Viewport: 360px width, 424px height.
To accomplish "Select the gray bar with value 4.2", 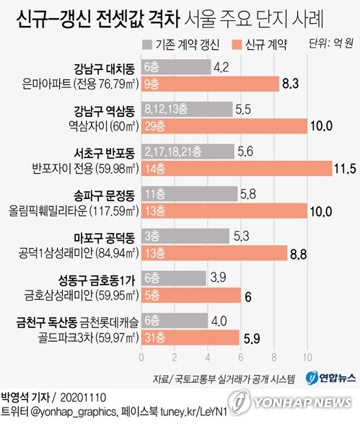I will (x=176, y=68).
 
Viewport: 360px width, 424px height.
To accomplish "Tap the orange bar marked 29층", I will (x=224, y=125).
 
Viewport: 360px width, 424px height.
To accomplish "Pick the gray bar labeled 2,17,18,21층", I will (x=188, y=151).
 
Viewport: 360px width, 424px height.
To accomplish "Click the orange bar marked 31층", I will (x=190, y=336).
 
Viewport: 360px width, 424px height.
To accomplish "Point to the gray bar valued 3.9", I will (x=173, y=277).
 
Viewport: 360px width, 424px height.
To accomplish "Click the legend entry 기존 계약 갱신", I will (x=184, y=45).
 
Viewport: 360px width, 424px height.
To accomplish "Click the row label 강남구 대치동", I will (x=102, y=69).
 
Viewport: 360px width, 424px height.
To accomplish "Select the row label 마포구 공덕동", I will (x=102, y=237).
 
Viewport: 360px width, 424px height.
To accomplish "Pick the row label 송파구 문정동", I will (x=102, y=195).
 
